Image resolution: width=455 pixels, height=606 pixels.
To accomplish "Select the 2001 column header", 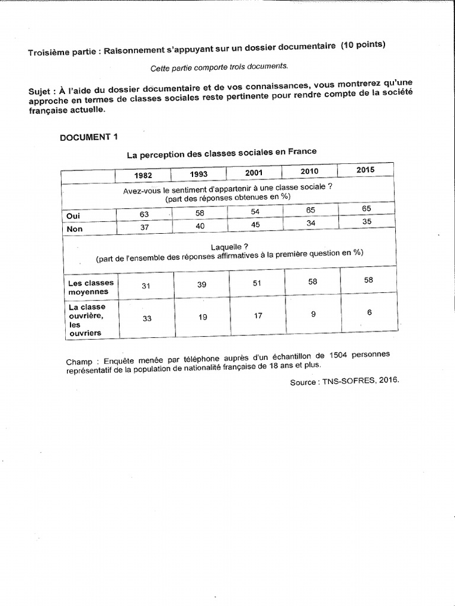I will pos(254,173).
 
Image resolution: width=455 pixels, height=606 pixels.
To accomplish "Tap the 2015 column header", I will pos(366,170).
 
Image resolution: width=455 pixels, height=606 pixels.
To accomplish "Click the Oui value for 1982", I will pos(145,215).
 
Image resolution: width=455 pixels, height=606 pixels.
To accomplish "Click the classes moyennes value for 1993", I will pos(201,285).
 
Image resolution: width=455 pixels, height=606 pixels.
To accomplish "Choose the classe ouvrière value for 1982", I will pos(146,318).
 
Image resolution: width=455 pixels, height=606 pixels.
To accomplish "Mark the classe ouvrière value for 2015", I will pos(369,312).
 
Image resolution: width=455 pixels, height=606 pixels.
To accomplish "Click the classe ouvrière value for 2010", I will pos(313,314).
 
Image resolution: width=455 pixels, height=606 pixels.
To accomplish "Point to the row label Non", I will pos(74,229).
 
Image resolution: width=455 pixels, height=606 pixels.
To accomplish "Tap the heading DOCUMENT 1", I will pos(89,137).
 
